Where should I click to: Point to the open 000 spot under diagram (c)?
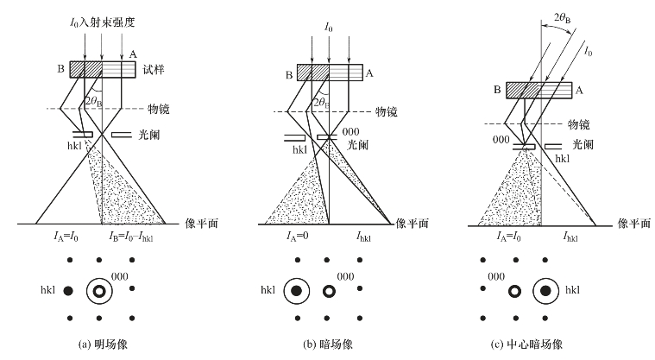coord(515,291)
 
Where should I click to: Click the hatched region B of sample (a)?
coord(86,69)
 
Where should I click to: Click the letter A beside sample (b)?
coord(368,74)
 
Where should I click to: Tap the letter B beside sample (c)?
coord(497,88)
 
